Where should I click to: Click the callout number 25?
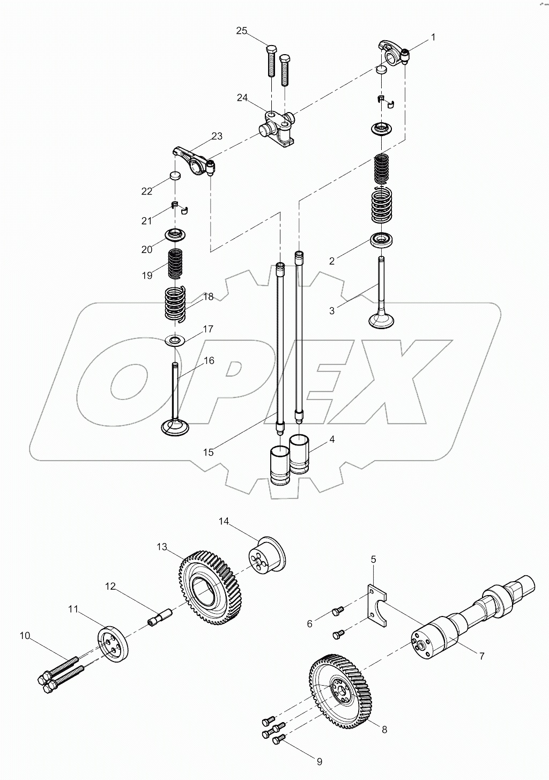pyautogui.click(x=242, y=31)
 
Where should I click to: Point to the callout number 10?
pyautogui.click(x=25, y=636)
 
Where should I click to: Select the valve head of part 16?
pyautogui.click(x=175, y=428)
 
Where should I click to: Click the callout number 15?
pyautogui.click(x=208, y=452)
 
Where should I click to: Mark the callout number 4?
pyautogui.click(x=332, y=440)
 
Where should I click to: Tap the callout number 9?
pyautogui.click(x=319, y=761)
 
